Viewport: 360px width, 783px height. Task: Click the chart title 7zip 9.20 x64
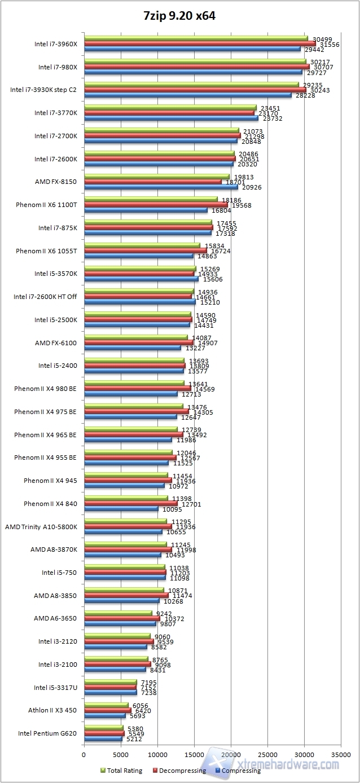pyautogui.click(x=179, y=16)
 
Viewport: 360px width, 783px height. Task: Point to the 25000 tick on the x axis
pyautogui.click(x=267, y=753)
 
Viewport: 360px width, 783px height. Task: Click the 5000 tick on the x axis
pyautogui.click(x=121, y=753)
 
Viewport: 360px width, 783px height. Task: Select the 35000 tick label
pyautogui.click(x=341, y=753)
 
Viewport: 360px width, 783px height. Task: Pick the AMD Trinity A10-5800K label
pyautogui.click(x=41, y=526)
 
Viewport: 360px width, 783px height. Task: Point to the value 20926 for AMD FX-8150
pyautogui.click(x=252, y=187)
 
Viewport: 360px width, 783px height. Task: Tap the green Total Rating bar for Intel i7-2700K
pyautogui.click(x=161, y=131)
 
